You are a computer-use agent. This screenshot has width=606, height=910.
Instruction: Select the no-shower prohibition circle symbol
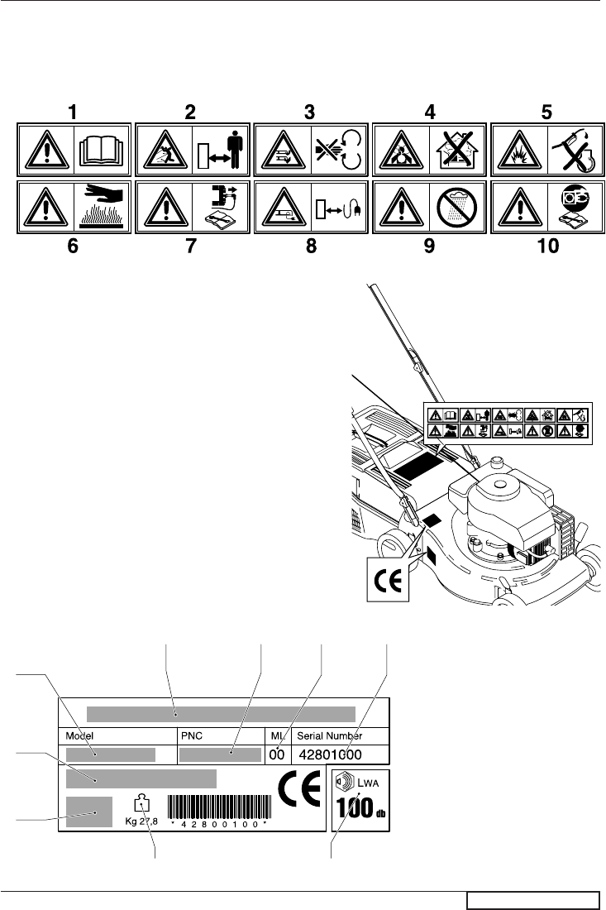(459, 210)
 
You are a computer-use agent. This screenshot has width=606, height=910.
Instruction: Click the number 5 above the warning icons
(546, 111)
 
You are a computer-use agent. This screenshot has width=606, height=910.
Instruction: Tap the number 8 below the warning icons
(311, 247)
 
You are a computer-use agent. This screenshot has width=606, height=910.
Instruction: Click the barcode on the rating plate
(219, 807)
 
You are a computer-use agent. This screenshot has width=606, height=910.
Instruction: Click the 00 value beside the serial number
(276, 754)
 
